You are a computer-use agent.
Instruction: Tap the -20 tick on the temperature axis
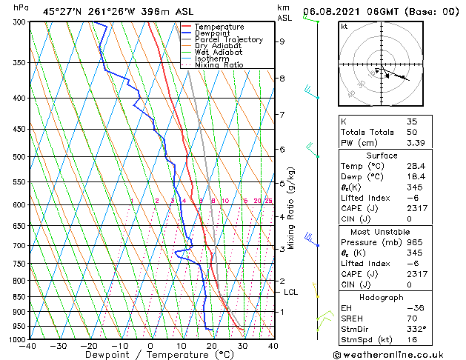point(89,345)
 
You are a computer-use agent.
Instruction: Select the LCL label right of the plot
point(291,293)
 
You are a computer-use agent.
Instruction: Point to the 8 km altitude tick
point(282,78)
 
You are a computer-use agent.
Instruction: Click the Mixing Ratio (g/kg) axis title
point(291,208)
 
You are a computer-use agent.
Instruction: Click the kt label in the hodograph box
point(344,27)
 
